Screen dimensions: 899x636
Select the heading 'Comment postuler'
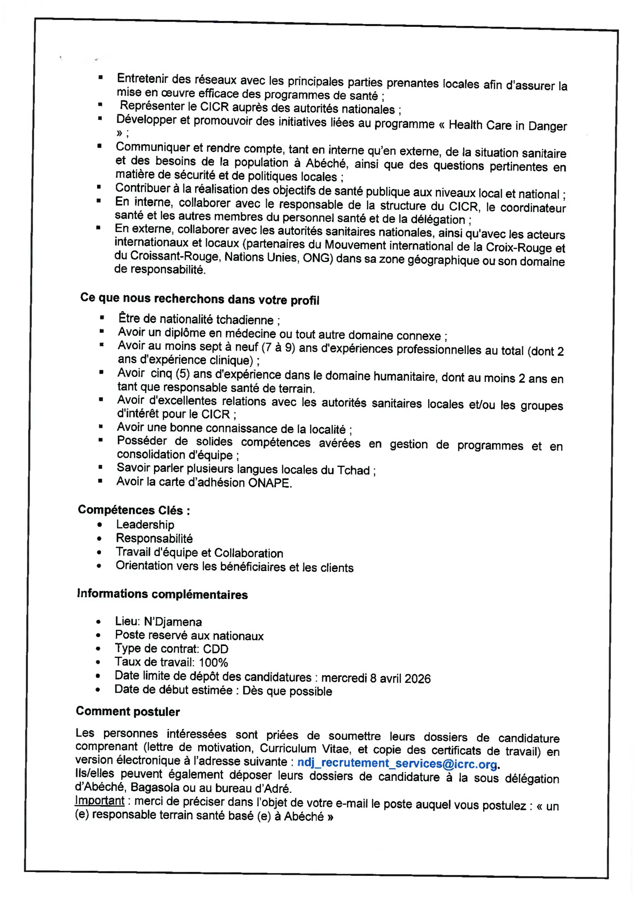tap(128, 711)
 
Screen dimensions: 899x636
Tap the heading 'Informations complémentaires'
tap(162, 594)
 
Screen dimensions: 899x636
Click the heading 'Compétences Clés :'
tap(134, 510)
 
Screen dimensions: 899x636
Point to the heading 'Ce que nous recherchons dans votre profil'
tap(199, 299)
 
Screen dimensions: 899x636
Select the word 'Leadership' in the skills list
tap(145, 525)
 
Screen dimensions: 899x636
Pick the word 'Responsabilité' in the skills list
tap(154, 538)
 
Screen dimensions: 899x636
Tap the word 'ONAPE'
tap(270, 483)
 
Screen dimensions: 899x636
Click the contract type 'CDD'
tap(215, 649)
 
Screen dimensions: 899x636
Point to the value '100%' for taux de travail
tap(213, 663)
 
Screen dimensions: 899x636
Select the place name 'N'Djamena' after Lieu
tap(173, 622)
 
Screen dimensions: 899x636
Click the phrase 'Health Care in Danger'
tap(508, 126)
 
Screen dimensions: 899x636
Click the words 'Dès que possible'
tap(287, 691)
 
